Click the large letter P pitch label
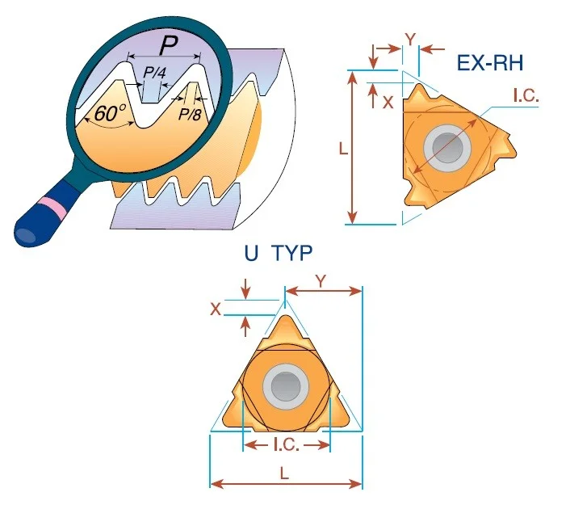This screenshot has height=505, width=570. [169, 46]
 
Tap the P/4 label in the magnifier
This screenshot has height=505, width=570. [154, 73]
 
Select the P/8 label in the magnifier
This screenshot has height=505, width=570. [190, 115]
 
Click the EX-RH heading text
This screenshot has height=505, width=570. [490, 63]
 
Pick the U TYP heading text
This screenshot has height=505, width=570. [279, 253]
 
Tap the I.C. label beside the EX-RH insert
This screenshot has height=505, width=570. [526, 95]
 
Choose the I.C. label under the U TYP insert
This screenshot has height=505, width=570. [287, 444]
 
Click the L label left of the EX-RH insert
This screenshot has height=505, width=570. [343, 148]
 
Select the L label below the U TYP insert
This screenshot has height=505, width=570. [285, 473]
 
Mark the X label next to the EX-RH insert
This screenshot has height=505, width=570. [388, 103]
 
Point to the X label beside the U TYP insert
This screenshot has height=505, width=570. [216, 309]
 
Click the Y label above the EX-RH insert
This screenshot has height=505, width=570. [410, 40]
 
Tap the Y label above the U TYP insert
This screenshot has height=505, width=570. [321, 281]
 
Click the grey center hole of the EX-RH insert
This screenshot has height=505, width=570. [447, 149]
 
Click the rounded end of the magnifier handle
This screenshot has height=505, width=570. [26, 234]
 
